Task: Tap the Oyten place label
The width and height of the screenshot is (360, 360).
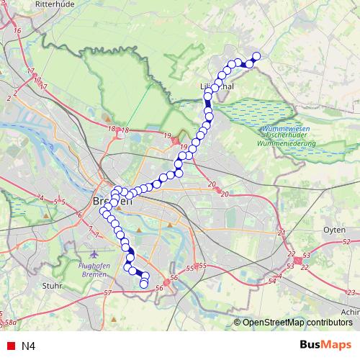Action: click(x=334, y=230)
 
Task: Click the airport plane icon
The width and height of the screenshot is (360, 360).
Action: click(x=96, y=254)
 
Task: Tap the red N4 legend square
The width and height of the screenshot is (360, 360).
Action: click(x=8, y=346)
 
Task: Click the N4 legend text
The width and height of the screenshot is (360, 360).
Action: click(x=28, y=346)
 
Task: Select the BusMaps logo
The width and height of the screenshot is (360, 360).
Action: click(x=326, y=345)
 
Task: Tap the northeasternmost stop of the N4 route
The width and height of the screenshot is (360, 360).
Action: click(x=256, y=55)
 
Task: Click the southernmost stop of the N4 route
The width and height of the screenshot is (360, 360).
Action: click(x=143, y=284)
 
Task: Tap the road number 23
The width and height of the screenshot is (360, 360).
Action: click(x=351, y=292)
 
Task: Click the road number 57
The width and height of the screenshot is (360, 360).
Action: click(x=108, y=292)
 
